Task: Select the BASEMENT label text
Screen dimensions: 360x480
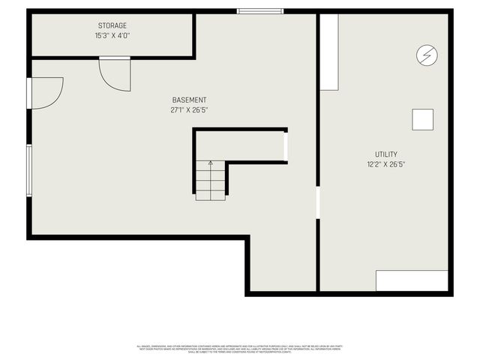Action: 189,100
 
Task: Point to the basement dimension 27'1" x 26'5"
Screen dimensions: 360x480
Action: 189,109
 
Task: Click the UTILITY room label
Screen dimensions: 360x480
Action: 386,154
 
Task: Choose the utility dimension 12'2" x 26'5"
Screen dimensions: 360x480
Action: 386,163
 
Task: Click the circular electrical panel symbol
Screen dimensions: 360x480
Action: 427,55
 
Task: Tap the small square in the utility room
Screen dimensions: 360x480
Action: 422,120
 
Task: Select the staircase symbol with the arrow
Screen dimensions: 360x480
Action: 211,181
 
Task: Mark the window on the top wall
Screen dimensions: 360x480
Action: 260,10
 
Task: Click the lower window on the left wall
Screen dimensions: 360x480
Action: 29,170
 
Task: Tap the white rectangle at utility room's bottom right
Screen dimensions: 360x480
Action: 411,280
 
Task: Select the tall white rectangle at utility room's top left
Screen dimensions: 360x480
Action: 329,52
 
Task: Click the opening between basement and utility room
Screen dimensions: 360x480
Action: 318,202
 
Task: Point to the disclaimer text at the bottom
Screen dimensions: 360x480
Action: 239,349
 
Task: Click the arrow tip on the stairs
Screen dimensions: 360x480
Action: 211,162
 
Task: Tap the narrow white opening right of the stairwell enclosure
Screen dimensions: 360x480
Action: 286,145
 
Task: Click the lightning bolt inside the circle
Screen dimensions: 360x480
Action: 427,55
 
